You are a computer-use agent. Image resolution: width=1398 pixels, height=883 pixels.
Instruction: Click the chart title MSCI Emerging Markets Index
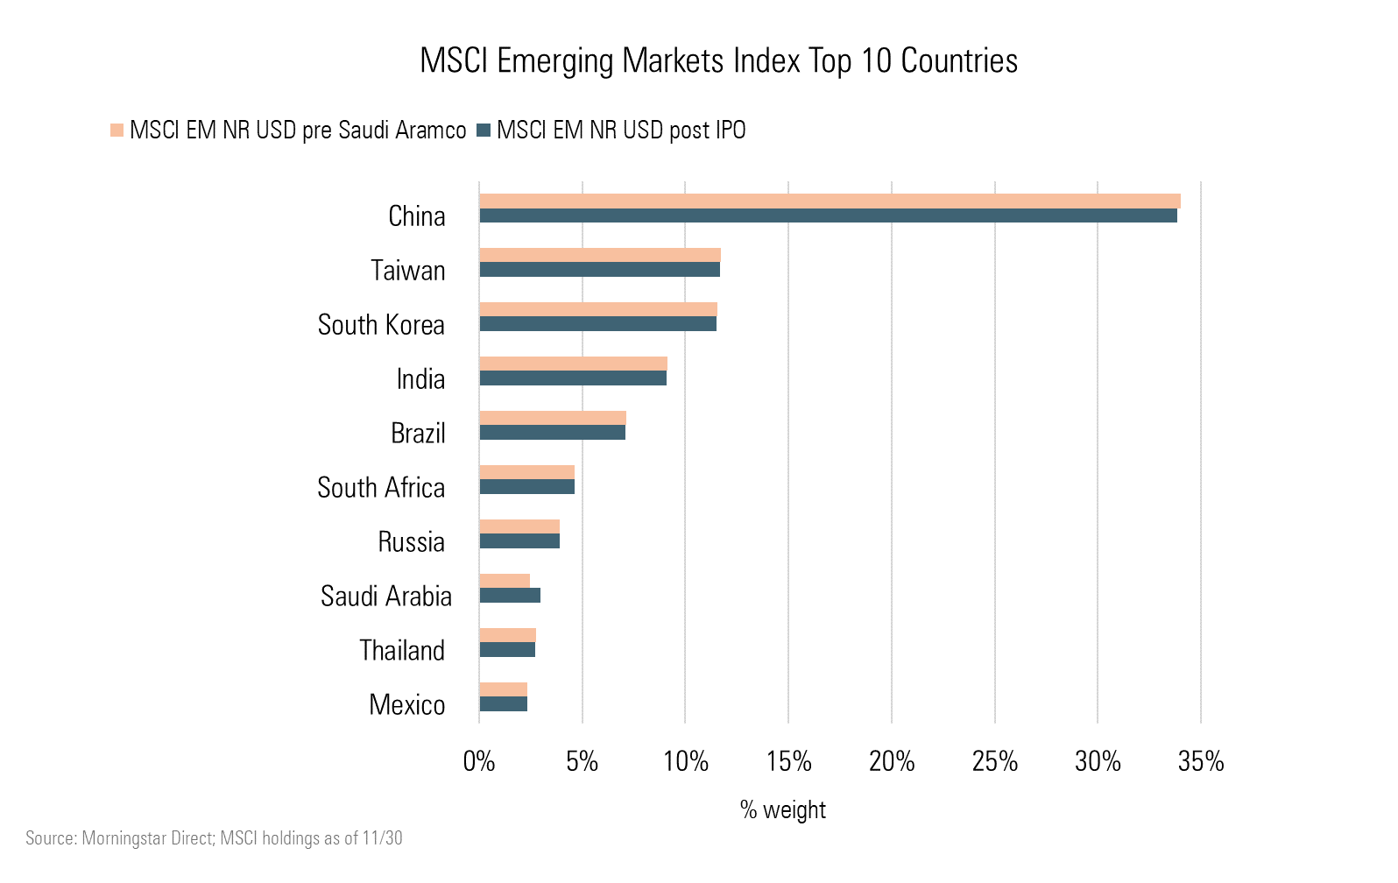(x=718, y=61)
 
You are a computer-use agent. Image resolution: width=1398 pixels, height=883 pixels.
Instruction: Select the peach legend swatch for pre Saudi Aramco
(x=116, y=131)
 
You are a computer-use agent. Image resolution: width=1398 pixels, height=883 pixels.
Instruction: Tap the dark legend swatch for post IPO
(x=484, y=131)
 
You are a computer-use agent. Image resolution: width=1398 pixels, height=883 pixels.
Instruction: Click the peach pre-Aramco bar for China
(x=830, y=201)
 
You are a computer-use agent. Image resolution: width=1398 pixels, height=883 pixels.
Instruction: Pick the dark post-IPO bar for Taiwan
(x=599, y=270)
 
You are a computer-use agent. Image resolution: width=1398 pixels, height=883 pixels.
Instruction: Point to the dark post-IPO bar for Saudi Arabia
(x=510, y=596)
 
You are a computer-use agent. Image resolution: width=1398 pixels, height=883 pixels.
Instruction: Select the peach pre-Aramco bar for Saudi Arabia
(x=505, y=581)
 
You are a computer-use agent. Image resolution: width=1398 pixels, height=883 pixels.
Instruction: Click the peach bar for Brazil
(x=553, y=418)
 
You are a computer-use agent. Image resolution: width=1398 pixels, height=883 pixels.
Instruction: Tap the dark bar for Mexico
(x=503, y=704)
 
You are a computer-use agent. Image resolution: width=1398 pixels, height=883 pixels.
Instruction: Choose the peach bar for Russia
(x=519, y=526)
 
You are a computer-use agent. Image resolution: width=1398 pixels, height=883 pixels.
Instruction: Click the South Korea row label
(x=381, y=325)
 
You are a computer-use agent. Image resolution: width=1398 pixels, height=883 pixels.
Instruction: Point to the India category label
(x=420, y=379)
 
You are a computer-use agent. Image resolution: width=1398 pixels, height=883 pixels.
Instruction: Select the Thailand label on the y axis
(x=402, y=651)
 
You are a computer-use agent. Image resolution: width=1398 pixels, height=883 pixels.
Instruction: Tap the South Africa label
(x=381, y=488)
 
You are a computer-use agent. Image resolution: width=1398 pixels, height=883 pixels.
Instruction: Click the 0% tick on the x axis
(x=479, y=762)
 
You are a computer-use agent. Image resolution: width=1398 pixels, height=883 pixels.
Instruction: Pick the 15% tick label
(x=788, y=762)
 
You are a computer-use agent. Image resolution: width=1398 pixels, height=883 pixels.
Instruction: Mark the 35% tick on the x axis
(x=1201, y=762)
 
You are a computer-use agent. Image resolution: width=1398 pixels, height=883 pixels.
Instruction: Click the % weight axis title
(x=783, y=810)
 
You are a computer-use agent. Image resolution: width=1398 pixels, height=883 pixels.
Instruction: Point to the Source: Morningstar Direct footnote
(x=214, y=838)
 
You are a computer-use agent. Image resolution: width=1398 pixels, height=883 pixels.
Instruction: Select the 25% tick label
(x=995, y=762)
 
